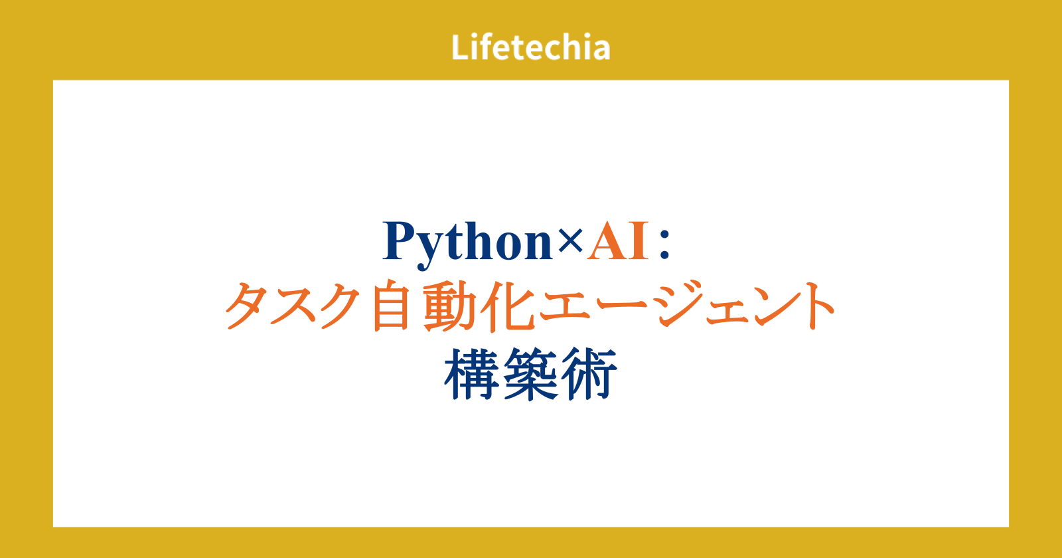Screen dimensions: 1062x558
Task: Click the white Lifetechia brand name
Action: point(530,47)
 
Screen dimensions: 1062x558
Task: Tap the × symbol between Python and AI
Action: point(570,240)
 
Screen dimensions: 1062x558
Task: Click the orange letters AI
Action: point(618,240)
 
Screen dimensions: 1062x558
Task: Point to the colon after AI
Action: point(664,243)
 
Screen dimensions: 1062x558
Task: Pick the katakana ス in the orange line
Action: point(295,306)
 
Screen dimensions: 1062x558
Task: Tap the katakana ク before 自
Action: point(340,306)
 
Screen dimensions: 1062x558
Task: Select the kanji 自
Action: point(391,305)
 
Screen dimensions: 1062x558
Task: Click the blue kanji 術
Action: point(589,374)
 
